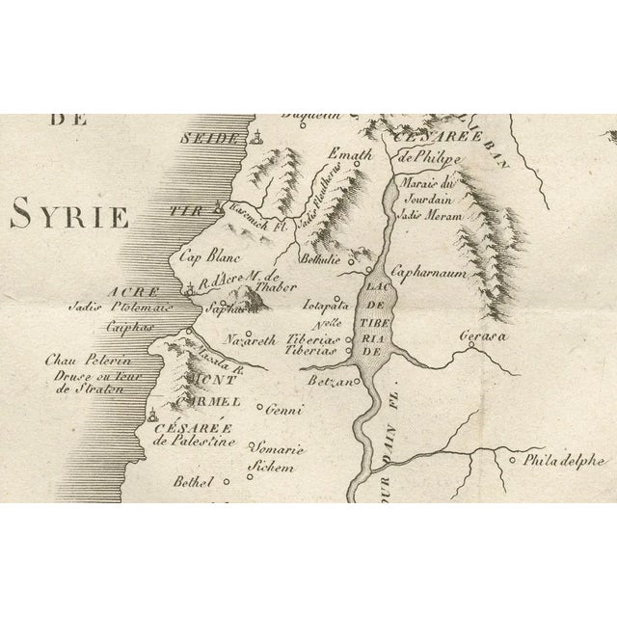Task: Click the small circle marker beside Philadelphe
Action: click(512, 460)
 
